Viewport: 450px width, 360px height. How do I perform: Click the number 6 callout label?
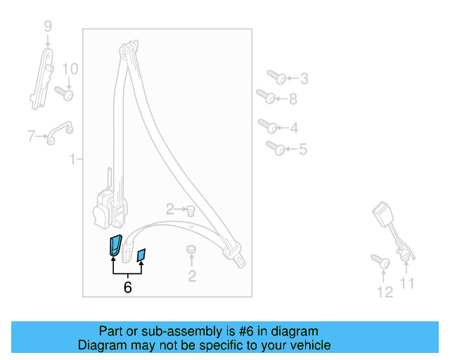point(127,287)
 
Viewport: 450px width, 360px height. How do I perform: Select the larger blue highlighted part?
point(115,245)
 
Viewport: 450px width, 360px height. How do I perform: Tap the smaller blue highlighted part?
point(141,254)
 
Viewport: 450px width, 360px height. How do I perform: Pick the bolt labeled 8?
point(264,95)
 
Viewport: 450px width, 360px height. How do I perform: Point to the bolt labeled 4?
point(268,127)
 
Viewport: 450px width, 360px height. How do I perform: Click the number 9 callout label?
point(48,27)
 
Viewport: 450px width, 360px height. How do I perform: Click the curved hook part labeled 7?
point(59,132)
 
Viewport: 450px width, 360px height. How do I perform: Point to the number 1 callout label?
point(72,160)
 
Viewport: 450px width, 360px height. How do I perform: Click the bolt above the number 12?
point(380,262)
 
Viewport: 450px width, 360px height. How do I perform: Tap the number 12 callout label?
point(385,292)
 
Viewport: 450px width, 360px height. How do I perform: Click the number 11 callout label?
point(407,283)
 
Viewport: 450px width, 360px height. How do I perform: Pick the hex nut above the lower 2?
point(191,250)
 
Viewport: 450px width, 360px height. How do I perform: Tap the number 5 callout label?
point(303,149)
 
